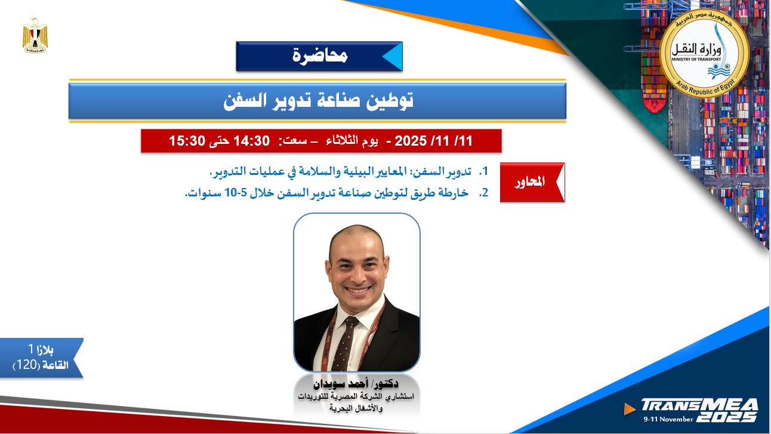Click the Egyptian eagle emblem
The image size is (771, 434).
[35, 36]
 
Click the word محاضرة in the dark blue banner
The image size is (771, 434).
[320, 56]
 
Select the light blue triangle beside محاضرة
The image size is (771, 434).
[391, 56]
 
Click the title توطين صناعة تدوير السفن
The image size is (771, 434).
[318, 101]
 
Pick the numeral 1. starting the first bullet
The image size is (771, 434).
[484, 172]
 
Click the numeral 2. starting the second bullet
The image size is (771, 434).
[484, 193]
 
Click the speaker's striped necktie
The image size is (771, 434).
[344, 343]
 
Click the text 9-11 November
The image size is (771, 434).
[668, 419]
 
